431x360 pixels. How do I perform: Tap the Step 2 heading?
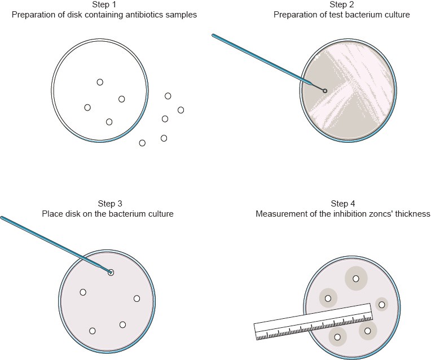pos(341,5)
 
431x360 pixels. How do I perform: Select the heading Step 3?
pos(107,204)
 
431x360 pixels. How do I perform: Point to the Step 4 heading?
pos(343,204)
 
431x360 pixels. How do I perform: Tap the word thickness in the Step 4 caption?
pos(413,214)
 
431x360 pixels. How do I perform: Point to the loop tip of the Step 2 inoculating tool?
pos(324,90)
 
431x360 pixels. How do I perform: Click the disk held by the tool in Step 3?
pos(111,273)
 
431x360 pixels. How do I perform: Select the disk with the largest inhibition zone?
pos(355,278)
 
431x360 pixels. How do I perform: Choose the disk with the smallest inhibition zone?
pos(382,305)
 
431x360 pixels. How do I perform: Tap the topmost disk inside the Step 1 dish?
pos(100,82)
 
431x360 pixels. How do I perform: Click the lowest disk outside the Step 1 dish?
pos(142,143)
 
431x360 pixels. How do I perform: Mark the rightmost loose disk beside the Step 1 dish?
pos(181,109)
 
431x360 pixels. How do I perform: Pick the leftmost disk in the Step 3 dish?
pos(83,292)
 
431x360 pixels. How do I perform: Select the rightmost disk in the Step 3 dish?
pos(137,298)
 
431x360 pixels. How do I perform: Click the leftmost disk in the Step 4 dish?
pos(328,297)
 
